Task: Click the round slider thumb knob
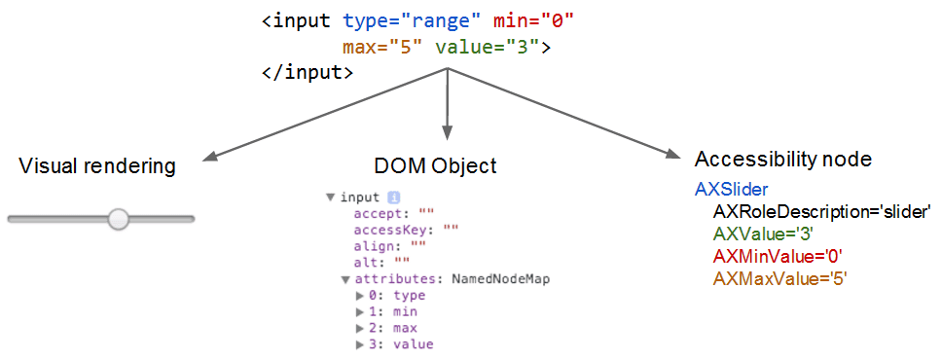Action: click(119, 219)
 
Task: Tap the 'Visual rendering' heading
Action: click(97, 166)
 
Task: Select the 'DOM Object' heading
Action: click(435, 166)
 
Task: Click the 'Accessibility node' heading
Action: click(782, 159)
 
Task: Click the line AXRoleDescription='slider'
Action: click(822, 211)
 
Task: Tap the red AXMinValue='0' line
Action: click(778, 256)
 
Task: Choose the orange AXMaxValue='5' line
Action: click(780, 278)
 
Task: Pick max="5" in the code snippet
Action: click(382, 47)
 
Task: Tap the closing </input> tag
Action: click(308, 72)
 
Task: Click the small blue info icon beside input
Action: click(394, 197)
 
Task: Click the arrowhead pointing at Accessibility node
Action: click(670, 153)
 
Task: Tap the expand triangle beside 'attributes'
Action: click(345, 279)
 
